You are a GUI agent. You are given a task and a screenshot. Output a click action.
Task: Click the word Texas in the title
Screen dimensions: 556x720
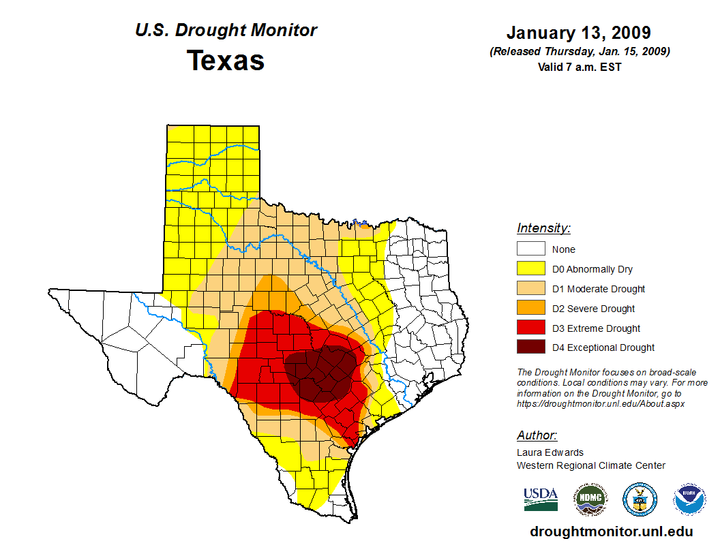coord(226,61)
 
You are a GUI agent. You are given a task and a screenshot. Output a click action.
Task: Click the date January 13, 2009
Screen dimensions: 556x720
coord(578,33)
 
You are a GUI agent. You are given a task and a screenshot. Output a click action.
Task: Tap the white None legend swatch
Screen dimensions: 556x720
coord(530,249)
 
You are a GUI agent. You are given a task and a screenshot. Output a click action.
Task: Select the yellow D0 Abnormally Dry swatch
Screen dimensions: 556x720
coord(530,269)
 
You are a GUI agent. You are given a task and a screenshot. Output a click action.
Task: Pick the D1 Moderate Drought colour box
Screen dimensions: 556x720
coord(530,289)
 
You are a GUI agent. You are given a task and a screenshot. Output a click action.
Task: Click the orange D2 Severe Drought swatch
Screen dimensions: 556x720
coord(530,309)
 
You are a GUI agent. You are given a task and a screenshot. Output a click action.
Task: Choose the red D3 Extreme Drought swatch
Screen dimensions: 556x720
coord(530,328)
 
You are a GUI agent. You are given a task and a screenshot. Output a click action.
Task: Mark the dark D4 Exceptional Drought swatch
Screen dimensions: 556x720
coord(530,347)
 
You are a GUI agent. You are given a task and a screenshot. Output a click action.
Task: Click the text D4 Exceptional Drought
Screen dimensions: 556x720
coord(603,347)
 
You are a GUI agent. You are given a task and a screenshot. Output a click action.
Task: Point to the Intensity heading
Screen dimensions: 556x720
coord(543,228)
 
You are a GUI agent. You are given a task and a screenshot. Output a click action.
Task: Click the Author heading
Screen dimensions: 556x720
coord(537,435)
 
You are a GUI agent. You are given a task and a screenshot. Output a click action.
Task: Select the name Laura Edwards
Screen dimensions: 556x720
coord(550,452)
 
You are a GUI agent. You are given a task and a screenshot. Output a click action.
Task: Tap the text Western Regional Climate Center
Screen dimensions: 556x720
coord(591,465)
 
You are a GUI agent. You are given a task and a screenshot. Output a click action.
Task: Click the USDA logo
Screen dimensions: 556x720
coord(541,499)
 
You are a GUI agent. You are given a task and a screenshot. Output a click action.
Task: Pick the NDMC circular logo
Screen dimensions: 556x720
coord(590,499)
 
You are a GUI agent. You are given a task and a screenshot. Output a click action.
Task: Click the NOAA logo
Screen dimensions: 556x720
coord(689,499)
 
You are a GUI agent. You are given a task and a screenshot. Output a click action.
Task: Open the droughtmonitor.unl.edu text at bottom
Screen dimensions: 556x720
coord(612,532)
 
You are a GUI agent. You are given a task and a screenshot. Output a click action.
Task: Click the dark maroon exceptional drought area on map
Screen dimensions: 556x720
coord(320,371)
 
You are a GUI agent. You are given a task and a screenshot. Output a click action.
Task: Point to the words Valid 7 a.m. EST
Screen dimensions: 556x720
coord(579,67)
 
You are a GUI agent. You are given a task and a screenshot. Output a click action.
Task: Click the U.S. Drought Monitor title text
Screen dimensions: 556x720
coord(226,31)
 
